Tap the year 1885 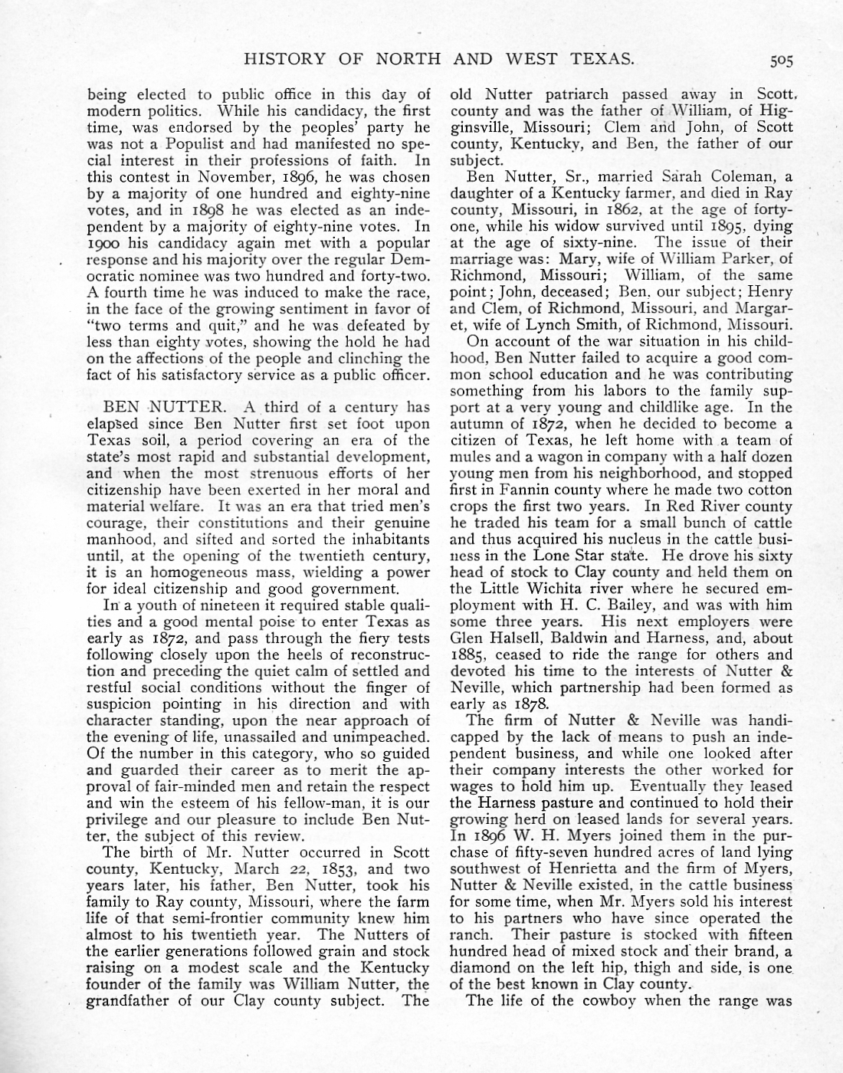click(469, 655)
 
